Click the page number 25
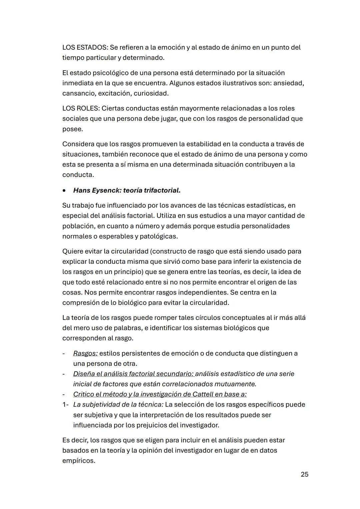click(x=304, y=474)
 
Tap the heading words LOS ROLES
click(x=80, y=108)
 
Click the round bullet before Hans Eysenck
click(x=64, y=191)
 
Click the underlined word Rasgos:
click(x=85, y=353)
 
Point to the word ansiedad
click(x=288, y=83)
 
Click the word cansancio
click(x=79, y=93)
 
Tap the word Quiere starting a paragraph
click(x=73, y=251)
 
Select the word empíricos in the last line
click(x=78, y=461)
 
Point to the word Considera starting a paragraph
click(x=78, y=144)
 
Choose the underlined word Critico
click(x=83, y=394)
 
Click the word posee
click(x=72, y=129)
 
